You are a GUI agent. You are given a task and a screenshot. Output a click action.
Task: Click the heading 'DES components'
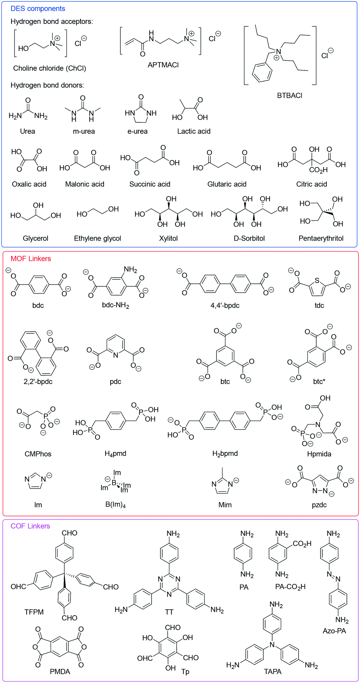38,8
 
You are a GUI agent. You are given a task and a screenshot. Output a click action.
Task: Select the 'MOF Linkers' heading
31,258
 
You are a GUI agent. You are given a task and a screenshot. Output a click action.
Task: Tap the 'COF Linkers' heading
30,526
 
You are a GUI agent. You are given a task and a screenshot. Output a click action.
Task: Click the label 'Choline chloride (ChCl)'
49,68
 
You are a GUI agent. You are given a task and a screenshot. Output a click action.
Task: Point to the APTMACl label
163,65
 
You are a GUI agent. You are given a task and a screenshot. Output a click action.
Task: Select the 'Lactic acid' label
194,131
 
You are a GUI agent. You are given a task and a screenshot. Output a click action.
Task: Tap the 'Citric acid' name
311,184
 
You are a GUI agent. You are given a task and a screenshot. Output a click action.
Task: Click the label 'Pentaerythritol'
321,238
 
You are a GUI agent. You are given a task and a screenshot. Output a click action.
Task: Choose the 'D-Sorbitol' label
249,238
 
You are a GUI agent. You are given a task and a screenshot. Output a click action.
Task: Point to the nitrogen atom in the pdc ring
116,355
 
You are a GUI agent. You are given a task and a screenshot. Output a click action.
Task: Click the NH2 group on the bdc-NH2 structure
130,270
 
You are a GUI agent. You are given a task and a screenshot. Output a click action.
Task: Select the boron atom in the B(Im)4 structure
114,482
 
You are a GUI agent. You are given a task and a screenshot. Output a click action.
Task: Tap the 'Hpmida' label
319,454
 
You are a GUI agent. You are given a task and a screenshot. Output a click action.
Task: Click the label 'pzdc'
319,505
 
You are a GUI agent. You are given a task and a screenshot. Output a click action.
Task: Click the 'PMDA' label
60,672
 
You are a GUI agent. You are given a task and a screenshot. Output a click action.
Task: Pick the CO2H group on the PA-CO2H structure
302,544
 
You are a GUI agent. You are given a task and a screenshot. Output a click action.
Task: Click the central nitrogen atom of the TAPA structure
272,645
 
